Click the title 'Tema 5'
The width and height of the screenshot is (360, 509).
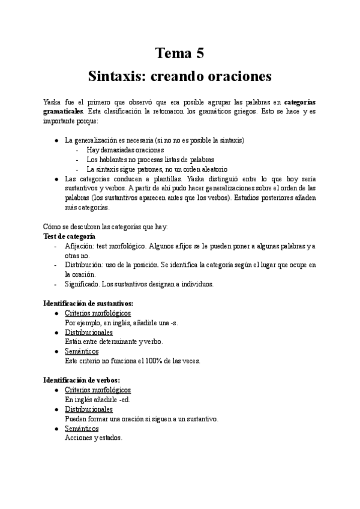click(180, 53)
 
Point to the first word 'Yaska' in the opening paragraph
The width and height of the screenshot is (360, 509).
click(53, 101)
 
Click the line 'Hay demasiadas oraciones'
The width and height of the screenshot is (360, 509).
click(125, 150)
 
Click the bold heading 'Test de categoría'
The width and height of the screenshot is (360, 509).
click(70, 236)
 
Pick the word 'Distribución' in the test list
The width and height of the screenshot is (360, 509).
click(83, 265)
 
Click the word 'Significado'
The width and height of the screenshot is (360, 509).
click(82, 284)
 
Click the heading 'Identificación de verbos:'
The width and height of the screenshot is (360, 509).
click(82, 380)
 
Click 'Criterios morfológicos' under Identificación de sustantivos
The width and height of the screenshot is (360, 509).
click(97, 313)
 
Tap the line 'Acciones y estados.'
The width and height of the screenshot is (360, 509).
click(93, 438)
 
